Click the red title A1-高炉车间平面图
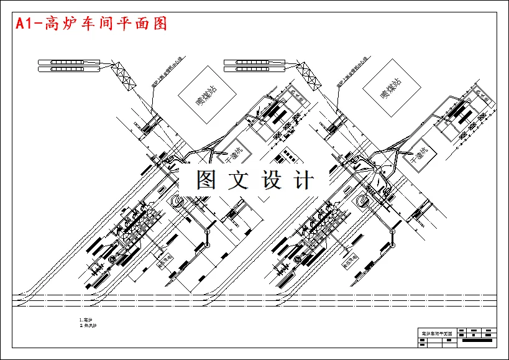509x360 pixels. point(91,24)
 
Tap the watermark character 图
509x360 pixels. point(207,180)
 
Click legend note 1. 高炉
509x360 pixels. point(86,320)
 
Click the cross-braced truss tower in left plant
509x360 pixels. point(123,76)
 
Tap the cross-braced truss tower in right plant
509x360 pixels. point(309,76)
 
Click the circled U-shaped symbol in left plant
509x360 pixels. point(177,200)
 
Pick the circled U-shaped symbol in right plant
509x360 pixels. point(362,200)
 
